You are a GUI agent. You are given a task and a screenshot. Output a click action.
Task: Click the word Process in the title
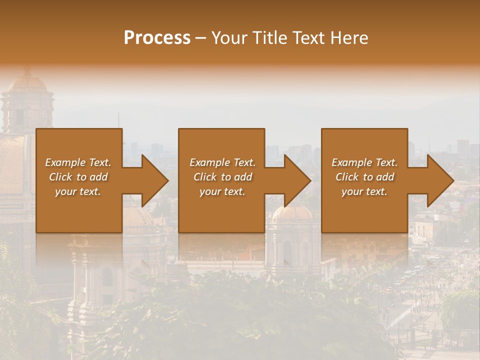[x=157, y=38]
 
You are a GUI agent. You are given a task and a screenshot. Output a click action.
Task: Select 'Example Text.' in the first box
[x=78, y=162]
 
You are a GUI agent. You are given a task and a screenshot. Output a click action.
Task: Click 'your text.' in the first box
[x=78, y=191]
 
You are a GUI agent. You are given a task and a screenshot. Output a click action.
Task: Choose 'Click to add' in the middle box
[x=222, y=177]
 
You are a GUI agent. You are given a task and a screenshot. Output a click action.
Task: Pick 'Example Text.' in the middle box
[x=222, y=162]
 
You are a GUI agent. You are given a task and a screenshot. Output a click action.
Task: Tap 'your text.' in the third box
[x=364, y=191]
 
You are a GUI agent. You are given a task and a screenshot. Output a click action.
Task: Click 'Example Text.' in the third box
[x=364, y=162]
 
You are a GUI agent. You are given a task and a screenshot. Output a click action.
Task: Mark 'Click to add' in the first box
[x=78, y=177]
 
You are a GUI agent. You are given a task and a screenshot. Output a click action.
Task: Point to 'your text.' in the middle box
[x=222, y=191]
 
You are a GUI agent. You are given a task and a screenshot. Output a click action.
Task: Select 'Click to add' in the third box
[x=364, y=177]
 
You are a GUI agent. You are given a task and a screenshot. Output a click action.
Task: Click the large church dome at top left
[x=28, y=83]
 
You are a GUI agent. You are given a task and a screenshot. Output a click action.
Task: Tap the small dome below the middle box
[x=292, y=213]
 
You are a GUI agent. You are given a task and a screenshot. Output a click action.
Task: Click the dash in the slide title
[x=200, y=38]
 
